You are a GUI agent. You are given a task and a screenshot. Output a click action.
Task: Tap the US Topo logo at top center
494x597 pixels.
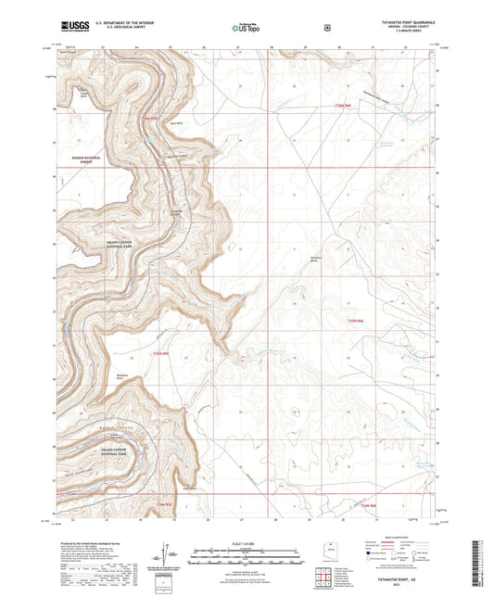pos(244,29)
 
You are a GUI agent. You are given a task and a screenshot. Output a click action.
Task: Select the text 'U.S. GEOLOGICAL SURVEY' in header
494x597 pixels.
pos(122,30)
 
